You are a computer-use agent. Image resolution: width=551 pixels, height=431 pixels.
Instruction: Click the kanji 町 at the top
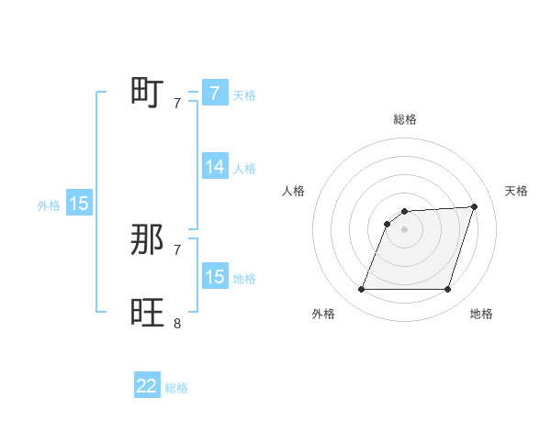(148, 93)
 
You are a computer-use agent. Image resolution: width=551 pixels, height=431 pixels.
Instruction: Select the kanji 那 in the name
(148, 240)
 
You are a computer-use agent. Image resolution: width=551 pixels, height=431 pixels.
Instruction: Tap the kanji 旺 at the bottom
(148, 314)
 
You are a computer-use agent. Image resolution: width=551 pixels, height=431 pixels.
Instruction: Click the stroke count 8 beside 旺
(177, 323)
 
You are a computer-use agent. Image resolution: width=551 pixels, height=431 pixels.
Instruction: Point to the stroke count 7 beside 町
(177, 103)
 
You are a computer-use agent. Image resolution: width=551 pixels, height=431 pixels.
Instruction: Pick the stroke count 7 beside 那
(177, 249)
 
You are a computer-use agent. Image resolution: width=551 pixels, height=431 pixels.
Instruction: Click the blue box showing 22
(147, 386)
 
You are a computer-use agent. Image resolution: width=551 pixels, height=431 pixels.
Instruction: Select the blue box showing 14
(215, 167)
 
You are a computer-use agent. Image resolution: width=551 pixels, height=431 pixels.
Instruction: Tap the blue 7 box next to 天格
(215, 93)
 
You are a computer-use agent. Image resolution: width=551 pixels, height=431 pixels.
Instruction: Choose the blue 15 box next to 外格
(79, 204)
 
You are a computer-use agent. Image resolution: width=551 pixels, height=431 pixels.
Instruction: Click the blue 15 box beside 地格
(215, 277)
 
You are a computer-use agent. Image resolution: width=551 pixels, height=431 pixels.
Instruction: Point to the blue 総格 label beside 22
(176, 388)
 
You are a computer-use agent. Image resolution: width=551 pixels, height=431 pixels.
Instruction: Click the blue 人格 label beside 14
(244, 169)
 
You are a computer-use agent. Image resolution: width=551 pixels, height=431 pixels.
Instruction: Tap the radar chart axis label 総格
(405, 119)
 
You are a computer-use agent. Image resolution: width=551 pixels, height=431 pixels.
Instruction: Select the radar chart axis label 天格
(517, 191)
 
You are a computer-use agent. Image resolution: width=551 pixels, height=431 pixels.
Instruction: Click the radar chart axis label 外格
(323, 314)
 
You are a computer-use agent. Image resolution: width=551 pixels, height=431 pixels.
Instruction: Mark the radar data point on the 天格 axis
(475, 206)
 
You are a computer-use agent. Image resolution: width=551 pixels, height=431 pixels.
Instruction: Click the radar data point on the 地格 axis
(447, 289)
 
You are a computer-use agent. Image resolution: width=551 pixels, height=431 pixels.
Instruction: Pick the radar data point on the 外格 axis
(362, 289)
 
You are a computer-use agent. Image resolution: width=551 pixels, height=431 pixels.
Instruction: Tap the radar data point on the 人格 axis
(388, 223)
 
